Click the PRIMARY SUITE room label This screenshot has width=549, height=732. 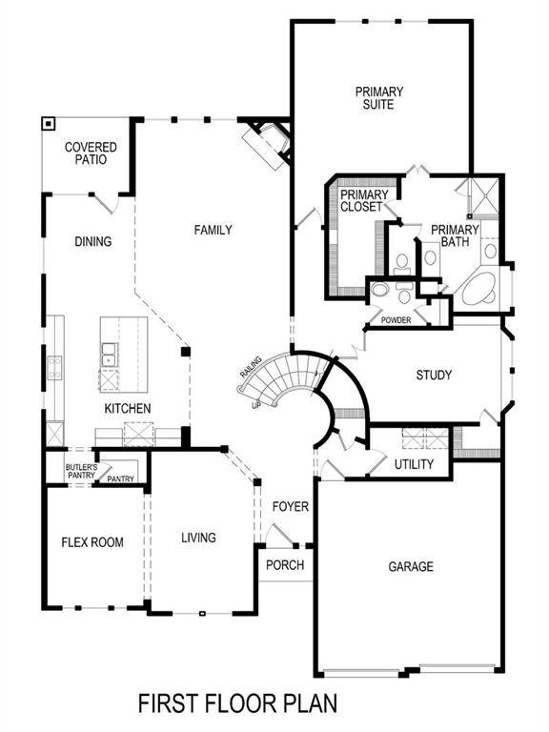(379, 98)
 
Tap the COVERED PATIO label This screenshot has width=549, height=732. (91, 153)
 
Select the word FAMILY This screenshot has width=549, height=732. (213, 230)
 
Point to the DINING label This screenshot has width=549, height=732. (92, 242)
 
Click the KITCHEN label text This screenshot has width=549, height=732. (128, 409)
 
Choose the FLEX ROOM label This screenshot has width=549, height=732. (92, 542)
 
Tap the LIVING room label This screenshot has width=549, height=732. (198, 538)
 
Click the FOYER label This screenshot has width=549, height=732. (290, 506)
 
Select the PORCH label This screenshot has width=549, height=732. (285, 565)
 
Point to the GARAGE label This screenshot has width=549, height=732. (410, 566)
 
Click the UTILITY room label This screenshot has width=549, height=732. (414, 464)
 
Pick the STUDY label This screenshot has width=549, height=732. (434, 376)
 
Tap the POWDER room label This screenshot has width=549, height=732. (396, 320)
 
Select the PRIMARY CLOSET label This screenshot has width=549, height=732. (361, 201)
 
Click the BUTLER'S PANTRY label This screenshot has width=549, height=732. (81, 471)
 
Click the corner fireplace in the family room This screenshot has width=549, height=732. (264, 144)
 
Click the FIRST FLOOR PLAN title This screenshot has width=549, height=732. (236, 703)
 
